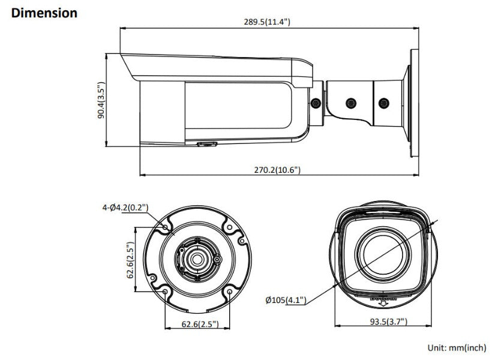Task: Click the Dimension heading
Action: point(44,12)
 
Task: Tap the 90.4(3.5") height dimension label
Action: point(101,100)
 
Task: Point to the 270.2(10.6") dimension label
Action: point(277,170)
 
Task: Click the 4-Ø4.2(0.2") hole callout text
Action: point(125,208)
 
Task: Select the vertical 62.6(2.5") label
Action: point(129,259)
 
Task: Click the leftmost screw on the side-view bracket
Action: point(316,103)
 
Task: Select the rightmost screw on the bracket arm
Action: point(383,103)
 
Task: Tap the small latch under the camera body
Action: point(206,144)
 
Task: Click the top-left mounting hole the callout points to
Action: point(165,228)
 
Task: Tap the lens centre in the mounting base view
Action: point(197,259)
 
